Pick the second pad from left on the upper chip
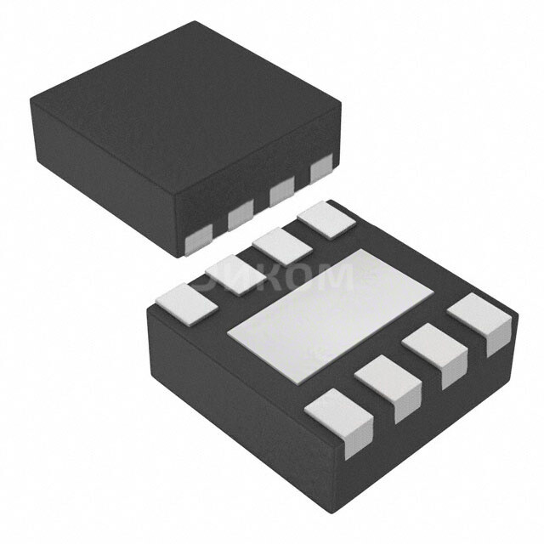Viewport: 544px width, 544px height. click(240, 218)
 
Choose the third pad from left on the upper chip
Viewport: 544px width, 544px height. click(281, 194)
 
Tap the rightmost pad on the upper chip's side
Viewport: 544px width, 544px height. click(320, 171)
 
